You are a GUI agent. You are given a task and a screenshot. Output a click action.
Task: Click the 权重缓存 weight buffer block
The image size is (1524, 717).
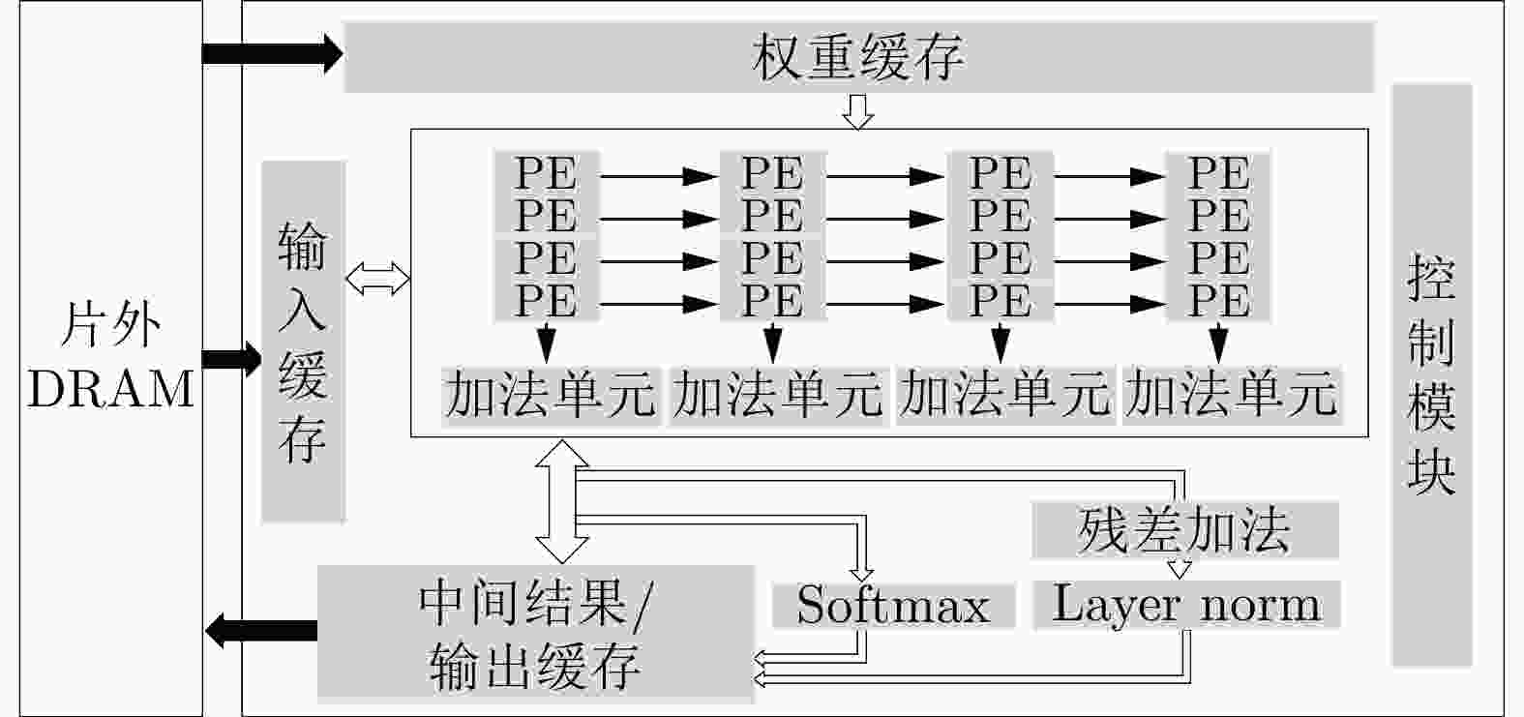pyautogui.click(x=858, y=57)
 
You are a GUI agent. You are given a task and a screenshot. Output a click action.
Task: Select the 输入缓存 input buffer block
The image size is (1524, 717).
pyautogui.click(x=304, y=342)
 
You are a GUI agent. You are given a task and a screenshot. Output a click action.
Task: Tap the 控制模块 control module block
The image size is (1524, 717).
pyautogui.click(x=1432, y=374)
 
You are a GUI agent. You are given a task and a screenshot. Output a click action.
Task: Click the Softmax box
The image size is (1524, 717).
pyautogui.click(x=893, y=605)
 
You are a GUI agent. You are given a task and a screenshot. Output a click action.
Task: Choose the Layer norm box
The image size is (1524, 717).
pyautogui.click(x=1186, y=604)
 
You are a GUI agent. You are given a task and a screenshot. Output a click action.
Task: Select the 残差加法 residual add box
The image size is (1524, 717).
pyautogui.click(x=1184, y=530)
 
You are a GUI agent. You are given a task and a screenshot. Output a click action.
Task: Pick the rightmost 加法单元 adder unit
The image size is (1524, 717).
pyautogui.click(x=1232, y=396)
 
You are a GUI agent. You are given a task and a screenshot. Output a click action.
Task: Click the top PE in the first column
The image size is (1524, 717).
pyautogui.click(x=547, y=173)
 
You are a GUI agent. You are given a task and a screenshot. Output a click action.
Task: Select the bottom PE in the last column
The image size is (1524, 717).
pyautogui.click(x=1218, y=300)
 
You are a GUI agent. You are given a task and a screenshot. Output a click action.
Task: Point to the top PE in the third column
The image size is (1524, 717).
pyautogui.click(x=1001, y=173)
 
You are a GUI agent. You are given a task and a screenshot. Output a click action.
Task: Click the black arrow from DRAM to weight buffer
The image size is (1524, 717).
pyautogui.click(x=273, y=53)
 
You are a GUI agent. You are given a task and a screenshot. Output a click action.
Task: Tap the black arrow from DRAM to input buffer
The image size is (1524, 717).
pyautogui.click(x=232, y=358)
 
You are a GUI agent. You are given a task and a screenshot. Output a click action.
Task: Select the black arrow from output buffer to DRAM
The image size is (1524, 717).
pyautogui.click(x=261, y=631)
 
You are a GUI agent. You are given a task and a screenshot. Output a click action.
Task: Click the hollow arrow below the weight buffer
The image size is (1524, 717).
pyautogui.click(x=858, y=111)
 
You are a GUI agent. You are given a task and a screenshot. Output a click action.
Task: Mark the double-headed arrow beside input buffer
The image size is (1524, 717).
pyautogui.click(x=378, y=279)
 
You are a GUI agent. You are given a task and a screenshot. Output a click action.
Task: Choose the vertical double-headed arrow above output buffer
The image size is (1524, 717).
pyautogui.click(x=562, y=501)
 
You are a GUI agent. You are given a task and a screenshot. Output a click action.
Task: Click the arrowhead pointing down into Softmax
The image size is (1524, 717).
pyautogui.click(x=862, y=574)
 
